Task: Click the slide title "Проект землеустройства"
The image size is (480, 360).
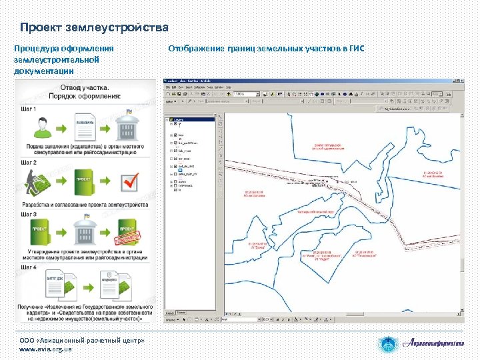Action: [x=94, y=28]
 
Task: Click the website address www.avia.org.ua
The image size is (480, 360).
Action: [x=45, y=349]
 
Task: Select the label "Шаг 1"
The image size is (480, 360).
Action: [x=29, y=108]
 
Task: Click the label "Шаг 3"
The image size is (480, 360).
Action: [x=29, y=215]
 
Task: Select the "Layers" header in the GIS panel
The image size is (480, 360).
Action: [x=183, y=119]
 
